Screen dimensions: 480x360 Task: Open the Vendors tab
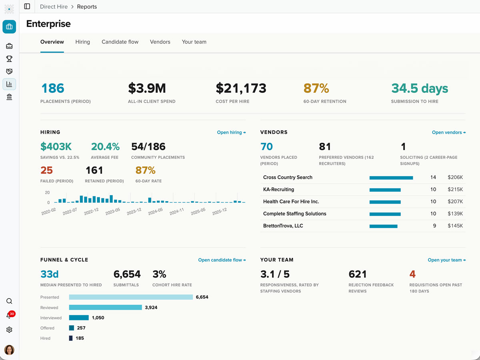click(160, 42)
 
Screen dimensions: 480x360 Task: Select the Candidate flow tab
click(120, 42)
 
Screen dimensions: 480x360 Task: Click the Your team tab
click(194, 42)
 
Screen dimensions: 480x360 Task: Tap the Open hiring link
click(231, 132)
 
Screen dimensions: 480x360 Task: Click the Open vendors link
click(449, 132)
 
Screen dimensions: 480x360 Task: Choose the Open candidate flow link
click(222, 260)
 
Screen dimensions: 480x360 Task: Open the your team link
click(447, 260)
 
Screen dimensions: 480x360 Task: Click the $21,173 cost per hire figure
click(241, 88)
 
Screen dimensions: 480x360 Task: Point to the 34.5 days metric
click(420, 88)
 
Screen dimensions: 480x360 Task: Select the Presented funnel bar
click(131, 297)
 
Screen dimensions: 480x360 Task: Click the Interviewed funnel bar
click(79, 318)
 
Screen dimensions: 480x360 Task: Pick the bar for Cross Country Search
click(391, 178)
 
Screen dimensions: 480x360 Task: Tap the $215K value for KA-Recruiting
click(455, 190)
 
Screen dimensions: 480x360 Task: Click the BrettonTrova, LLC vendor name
click(283, 226)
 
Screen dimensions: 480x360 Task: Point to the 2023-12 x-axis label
click(134, 211)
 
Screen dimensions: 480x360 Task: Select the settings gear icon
click(9, 330)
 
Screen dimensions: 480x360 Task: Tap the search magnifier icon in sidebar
click(9, 301)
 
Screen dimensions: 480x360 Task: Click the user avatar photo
click(9, 350)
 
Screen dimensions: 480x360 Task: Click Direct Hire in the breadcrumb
click(54, 6)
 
